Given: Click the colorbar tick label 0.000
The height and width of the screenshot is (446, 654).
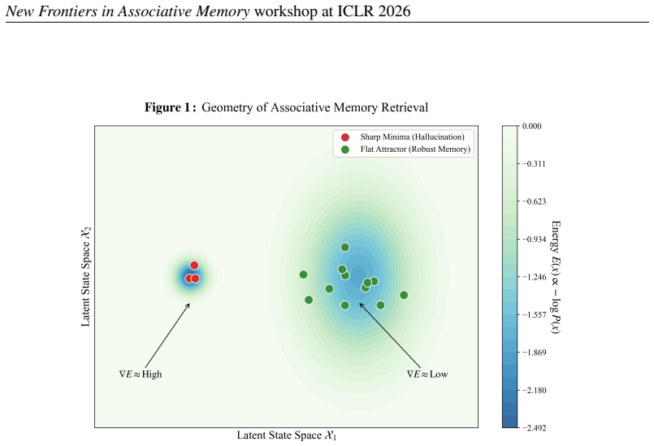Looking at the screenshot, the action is pyautogui.click(x=532, y=126).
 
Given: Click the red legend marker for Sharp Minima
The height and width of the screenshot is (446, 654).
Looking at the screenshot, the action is pyautogui.click(x=345, y=137).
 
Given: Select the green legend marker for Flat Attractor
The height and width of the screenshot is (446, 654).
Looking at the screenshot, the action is pyautogui.click(x=345, y=149).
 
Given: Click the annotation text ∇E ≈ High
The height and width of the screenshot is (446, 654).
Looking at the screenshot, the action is pyautogui.click(x=141, y=375).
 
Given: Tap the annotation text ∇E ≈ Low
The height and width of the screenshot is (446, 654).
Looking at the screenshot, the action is pyautogui.click(x=427, y=375).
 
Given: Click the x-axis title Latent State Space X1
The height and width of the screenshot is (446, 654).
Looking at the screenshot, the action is pyautogui.click(x=287, y=435).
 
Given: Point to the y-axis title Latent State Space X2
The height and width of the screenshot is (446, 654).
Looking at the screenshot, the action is pyautogui.click(x=85, y=276).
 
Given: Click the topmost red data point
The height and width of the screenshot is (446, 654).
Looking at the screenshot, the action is pyautogui.click(x=194, y=266).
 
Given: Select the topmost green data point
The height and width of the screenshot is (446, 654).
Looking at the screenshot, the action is pyautogui.click(x=345, y=248).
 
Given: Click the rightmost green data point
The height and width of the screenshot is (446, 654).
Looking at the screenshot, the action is pyautogui.click(x=404, y=295).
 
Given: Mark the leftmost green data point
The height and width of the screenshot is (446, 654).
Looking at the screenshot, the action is pyautogui.click(x=303, y=275).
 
